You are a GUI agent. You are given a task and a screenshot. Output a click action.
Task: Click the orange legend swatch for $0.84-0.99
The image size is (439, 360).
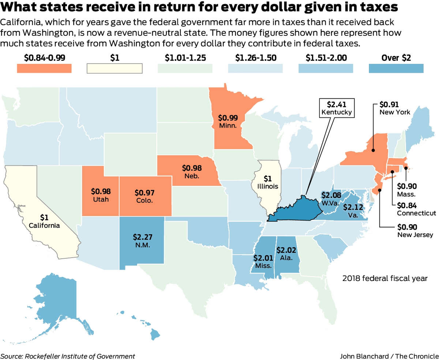coord(44,68)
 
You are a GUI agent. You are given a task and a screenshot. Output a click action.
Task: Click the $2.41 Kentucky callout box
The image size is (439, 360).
coord(337,108)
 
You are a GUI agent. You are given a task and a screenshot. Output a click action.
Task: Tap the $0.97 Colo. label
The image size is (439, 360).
coord(145,196)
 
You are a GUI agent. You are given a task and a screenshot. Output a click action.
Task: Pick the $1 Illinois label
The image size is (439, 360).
coord(268,182)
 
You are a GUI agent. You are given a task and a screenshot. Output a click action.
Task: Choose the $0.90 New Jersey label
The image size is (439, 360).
coord(415,230)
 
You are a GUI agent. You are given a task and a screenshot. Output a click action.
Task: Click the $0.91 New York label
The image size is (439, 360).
coord(394,108)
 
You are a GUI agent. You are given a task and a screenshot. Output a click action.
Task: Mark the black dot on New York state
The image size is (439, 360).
coord(373,150)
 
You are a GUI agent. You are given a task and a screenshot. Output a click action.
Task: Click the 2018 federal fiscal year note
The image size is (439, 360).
coord(384,278)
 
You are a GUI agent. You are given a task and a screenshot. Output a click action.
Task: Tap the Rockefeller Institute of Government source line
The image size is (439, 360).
coord(68,356)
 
